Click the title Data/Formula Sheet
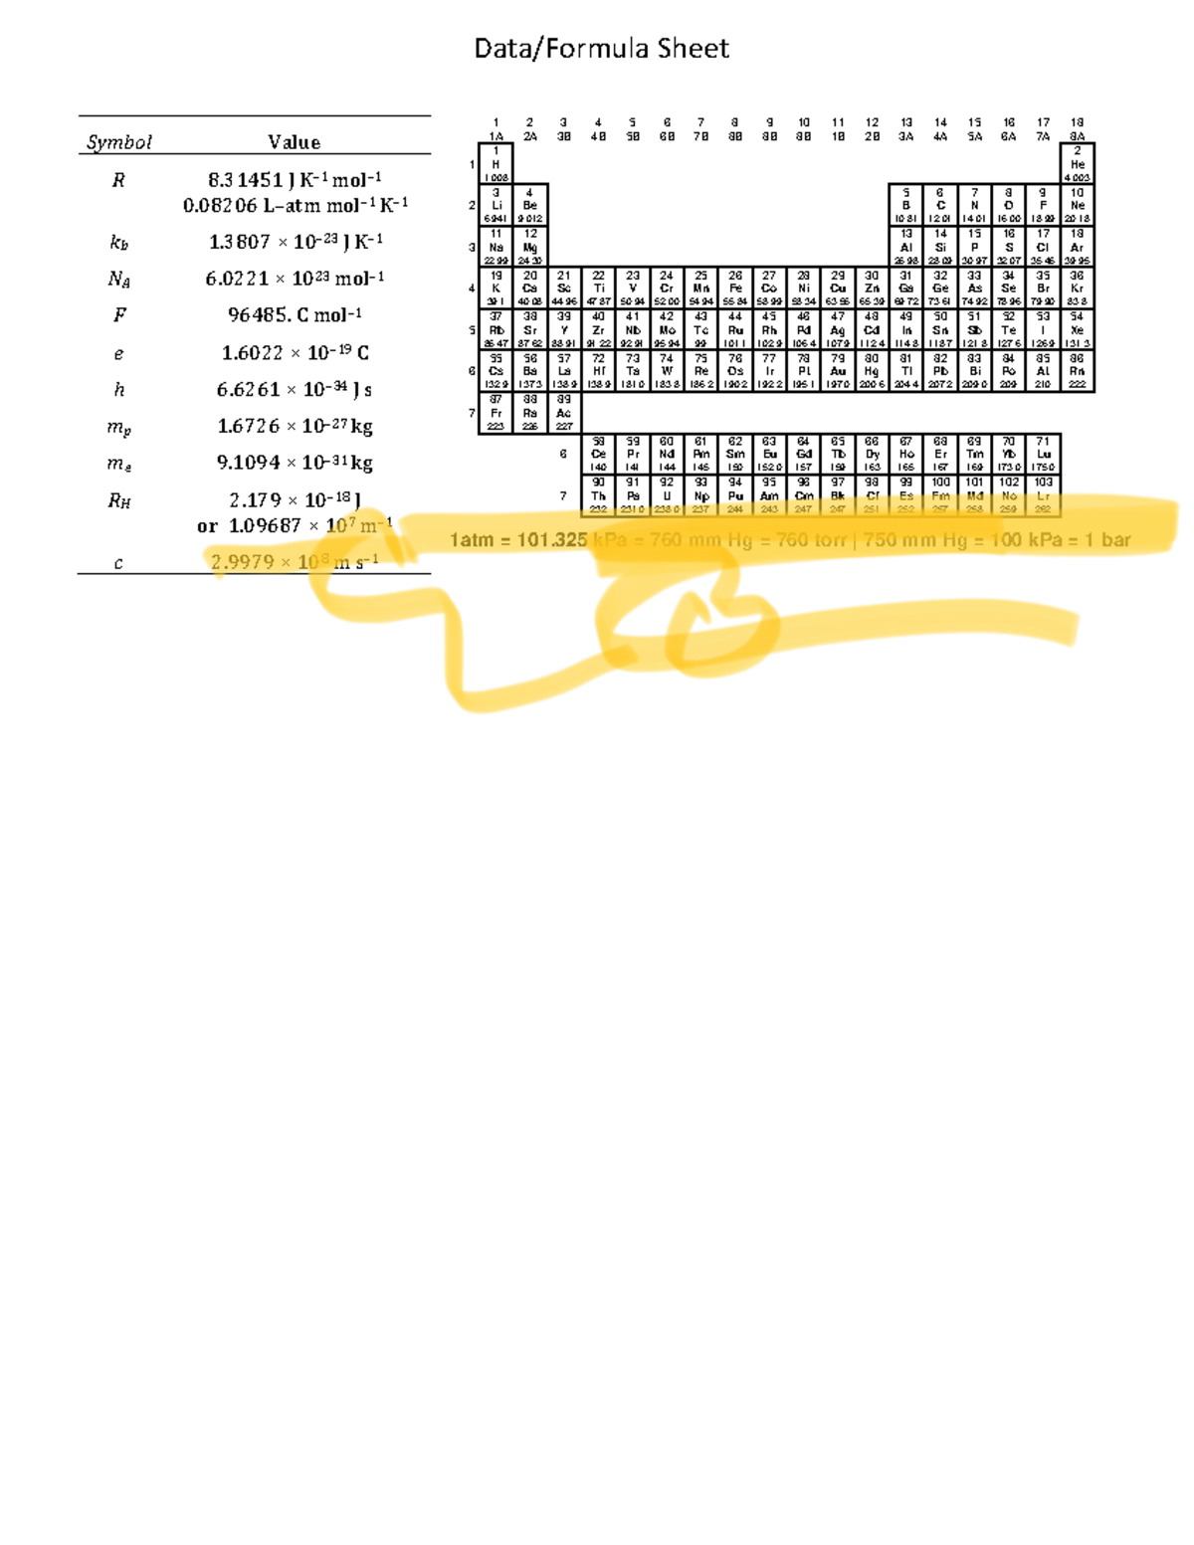click(601, 49)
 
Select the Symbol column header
click(118, 142)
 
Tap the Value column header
click(294, 142)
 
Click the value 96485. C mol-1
click(295, 315)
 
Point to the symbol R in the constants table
click(118, 180)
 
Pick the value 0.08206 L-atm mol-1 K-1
click(295, 205)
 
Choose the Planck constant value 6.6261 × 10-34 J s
click(295, 389)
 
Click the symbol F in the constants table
click(118, 315)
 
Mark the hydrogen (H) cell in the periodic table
click(496, 164)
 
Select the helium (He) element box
click(1077, 164)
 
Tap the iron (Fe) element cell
click(735, 289)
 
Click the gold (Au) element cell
click(838, 371)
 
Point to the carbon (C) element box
click(940, 205)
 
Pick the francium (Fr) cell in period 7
click(496, 413)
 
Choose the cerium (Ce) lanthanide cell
click(598, 454)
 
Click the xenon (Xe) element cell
click(1077, 330)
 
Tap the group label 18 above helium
click(1077, 122)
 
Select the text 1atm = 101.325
click(518, 540)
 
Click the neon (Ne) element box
click(1077, 205)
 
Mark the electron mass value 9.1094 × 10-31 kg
click(295, 463)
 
